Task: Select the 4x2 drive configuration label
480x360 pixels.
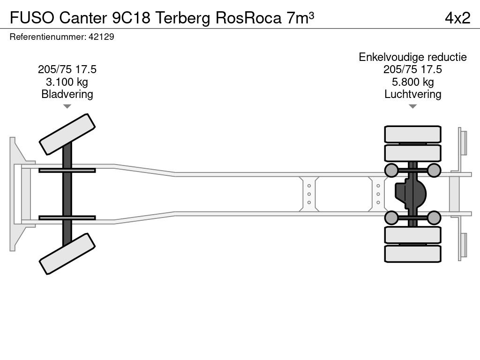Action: click(457, 18)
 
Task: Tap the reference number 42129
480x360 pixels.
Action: click(101, 37)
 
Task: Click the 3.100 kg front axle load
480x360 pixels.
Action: click(67, 82)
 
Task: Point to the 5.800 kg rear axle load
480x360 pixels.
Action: click(412, 82)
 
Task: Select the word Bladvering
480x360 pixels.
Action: click(67, 94)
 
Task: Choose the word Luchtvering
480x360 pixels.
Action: click(412, 94)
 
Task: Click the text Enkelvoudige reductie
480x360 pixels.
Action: click(412, 57)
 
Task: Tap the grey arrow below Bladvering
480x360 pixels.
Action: click(67, 106)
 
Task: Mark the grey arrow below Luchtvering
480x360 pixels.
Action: click(412, 106)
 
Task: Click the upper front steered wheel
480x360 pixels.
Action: click(67, 134)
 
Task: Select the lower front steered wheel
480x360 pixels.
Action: click(67, 254)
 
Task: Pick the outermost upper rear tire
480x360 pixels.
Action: click(412, 134)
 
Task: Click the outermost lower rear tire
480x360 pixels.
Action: click(412, 254)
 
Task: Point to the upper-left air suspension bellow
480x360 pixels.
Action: click(391, 170)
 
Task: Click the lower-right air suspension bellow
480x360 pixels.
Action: click(434, 217)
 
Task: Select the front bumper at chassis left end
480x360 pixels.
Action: click(17, 194)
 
